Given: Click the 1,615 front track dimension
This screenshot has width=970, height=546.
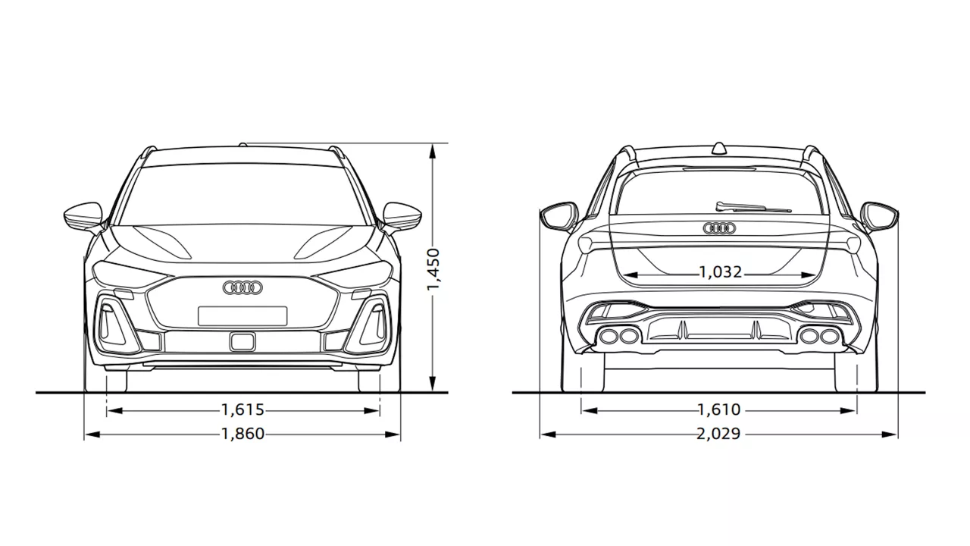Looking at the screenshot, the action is click(x=242, y=409).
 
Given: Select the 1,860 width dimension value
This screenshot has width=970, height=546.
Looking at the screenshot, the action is click(x=242, y=434).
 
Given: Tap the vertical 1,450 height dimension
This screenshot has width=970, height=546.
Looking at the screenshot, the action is click(x=433, y=269).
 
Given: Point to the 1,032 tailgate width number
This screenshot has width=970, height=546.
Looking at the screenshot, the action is click(x=721, y=272).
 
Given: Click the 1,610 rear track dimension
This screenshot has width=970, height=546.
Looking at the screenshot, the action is click(x=719, y=409).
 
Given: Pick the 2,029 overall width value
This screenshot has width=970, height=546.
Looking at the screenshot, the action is click(x=719, y=434).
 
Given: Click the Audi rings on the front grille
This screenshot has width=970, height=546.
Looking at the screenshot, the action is click(x=243, y=287).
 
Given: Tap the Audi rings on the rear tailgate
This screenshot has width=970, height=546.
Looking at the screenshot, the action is click(x=719, y=228).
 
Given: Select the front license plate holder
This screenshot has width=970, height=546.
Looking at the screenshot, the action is click(x=242, y=316).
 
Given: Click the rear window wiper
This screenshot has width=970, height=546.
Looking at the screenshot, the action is click(x=753, y=207).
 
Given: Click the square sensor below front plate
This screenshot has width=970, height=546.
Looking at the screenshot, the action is click(x=243, y=341).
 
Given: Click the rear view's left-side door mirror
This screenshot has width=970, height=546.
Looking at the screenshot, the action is click(x=559, y=216).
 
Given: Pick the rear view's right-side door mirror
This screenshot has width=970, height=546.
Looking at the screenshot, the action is click(x=879, y=216).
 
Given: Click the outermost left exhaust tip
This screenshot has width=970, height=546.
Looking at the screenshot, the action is click(x=609, y=336).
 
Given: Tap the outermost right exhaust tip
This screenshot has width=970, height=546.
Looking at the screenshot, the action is click(x=829, y=336).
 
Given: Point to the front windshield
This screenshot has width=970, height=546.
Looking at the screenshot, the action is click(x=242, y=194).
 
